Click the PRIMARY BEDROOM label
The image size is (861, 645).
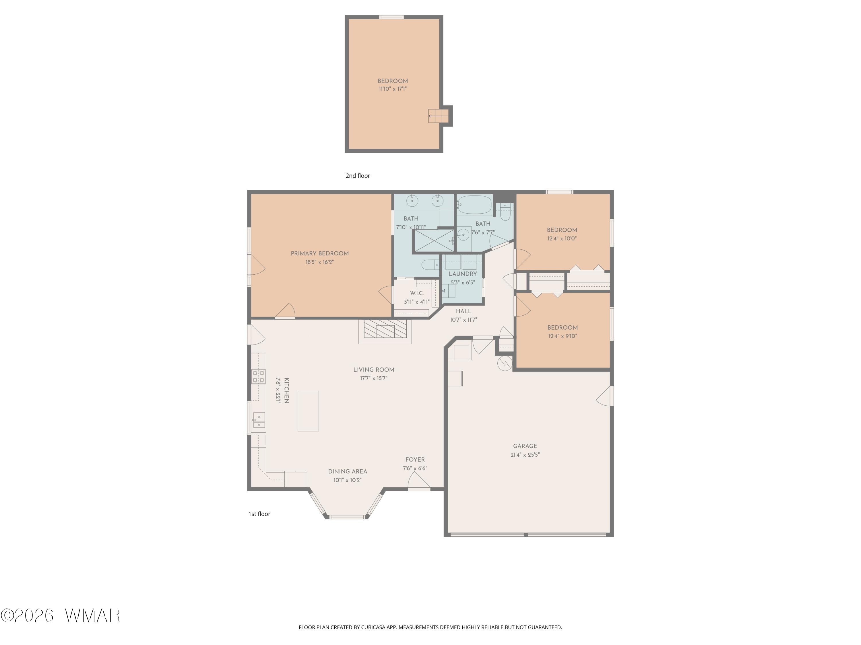pyautogui.click(x=319, y=253)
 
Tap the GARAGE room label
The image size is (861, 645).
pyautogui.click(x=525, y=446)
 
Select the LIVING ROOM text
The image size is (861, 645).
pyautogui.click(x=374, y=370)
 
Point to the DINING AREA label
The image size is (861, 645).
pyautogui.click(x=348, y=471)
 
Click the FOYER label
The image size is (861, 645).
pyautogui.click(x=415, y=460)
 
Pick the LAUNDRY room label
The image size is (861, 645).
pyautogui.click(x=463, y=274)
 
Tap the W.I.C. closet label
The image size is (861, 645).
pyautogui.click(x=417, y=293)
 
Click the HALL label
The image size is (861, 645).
pyautogui.click(x=464, y=311)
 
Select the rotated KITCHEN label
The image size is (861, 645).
pyautogui.click(x=286, y=390)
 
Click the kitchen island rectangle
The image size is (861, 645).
pyautogui.click(x=308, y=411)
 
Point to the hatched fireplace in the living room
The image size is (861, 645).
pyautogui.click(x=385, y=329)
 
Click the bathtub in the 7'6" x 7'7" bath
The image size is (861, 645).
pyautogui.click(x=474, y=204)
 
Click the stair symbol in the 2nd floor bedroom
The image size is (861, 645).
pyautogui.click(x=439, y=116)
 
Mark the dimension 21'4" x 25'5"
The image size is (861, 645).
pyautogui.click(x=525, y=454)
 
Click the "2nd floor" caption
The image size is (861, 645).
pyautogui.click(x=358, y=176)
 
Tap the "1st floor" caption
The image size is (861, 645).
pyautogui.click(x=259, y=514)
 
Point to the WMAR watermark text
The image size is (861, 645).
pyautogui.click(x=93, y=615)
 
